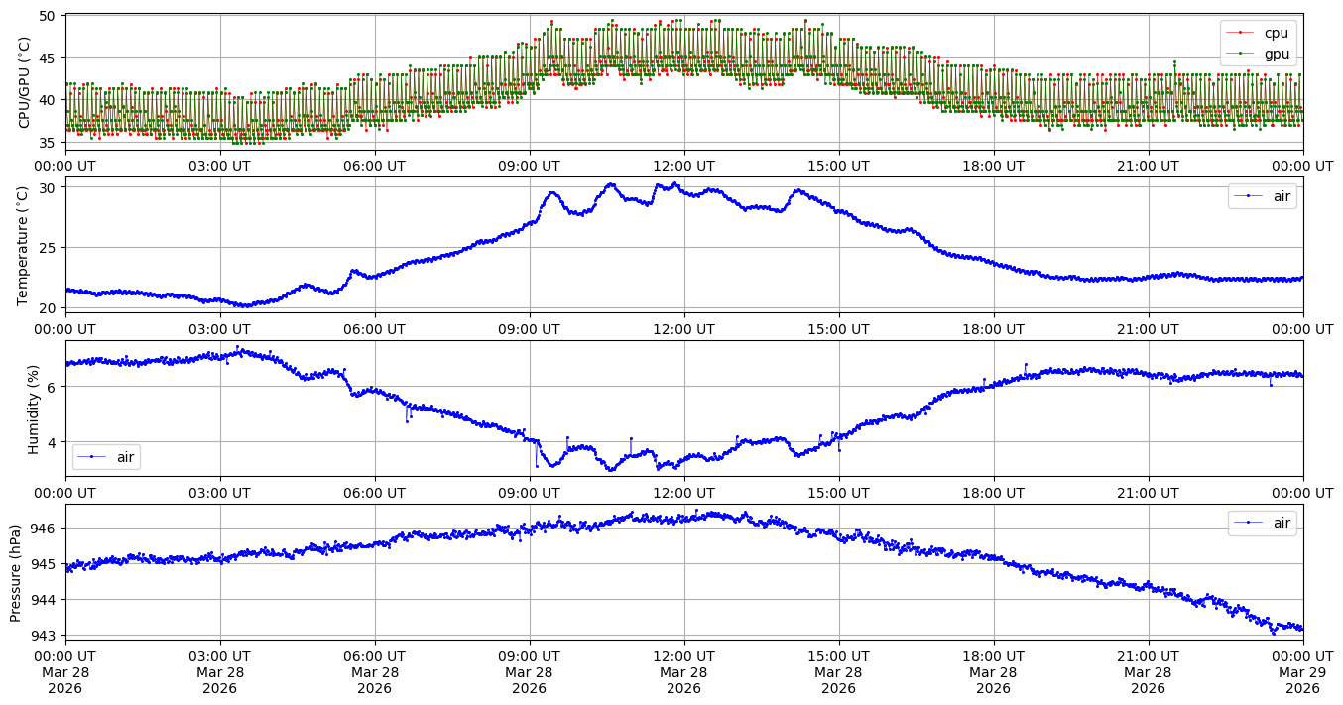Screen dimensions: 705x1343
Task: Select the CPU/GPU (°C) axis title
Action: [24, 82]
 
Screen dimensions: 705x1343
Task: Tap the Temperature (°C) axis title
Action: [24, 245]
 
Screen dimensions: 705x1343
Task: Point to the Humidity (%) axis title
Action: [33, 409]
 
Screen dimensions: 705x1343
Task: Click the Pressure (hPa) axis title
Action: [16, 572]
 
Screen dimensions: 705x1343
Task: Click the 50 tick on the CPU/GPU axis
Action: [48, 16]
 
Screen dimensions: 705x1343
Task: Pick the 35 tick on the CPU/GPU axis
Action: [48, 142]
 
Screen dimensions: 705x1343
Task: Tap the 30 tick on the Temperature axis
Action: [48, 187]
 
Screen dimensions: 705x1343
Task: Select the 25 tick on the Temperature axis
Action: [48, 248]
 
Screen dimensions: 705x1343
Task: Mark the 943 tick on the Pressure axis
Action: [44, 635]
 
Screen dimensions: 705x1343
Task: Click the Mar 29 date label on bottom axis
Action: [1302, 671]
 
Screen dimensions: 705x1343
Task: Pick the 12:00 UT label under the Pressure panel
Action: [684, 655]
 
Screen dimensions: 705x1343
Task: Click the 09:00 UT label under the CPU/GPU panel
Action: [530, 166]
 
